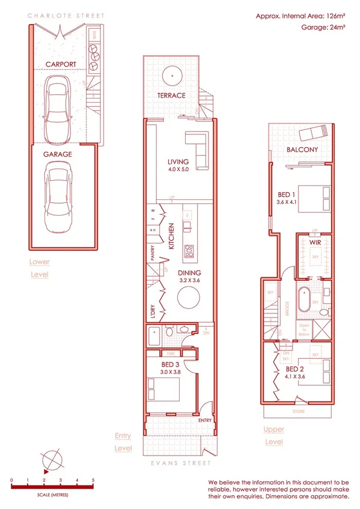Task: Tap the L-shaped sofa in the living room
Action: pos(197,143)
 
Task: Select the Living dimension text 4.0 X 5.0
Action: pos(178,170)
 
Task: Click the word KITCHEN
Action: pos(171,235)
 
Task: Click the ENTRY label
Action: pos(204,420)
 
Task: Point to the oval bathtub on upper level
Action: pos(303,298)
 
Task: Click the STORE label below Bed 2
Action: pos(298,412)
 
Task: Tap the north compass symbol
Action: pos(52,460)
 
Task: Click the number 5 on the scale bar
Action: pos(93,480)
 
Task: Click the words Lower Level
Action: pos(39,268)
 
